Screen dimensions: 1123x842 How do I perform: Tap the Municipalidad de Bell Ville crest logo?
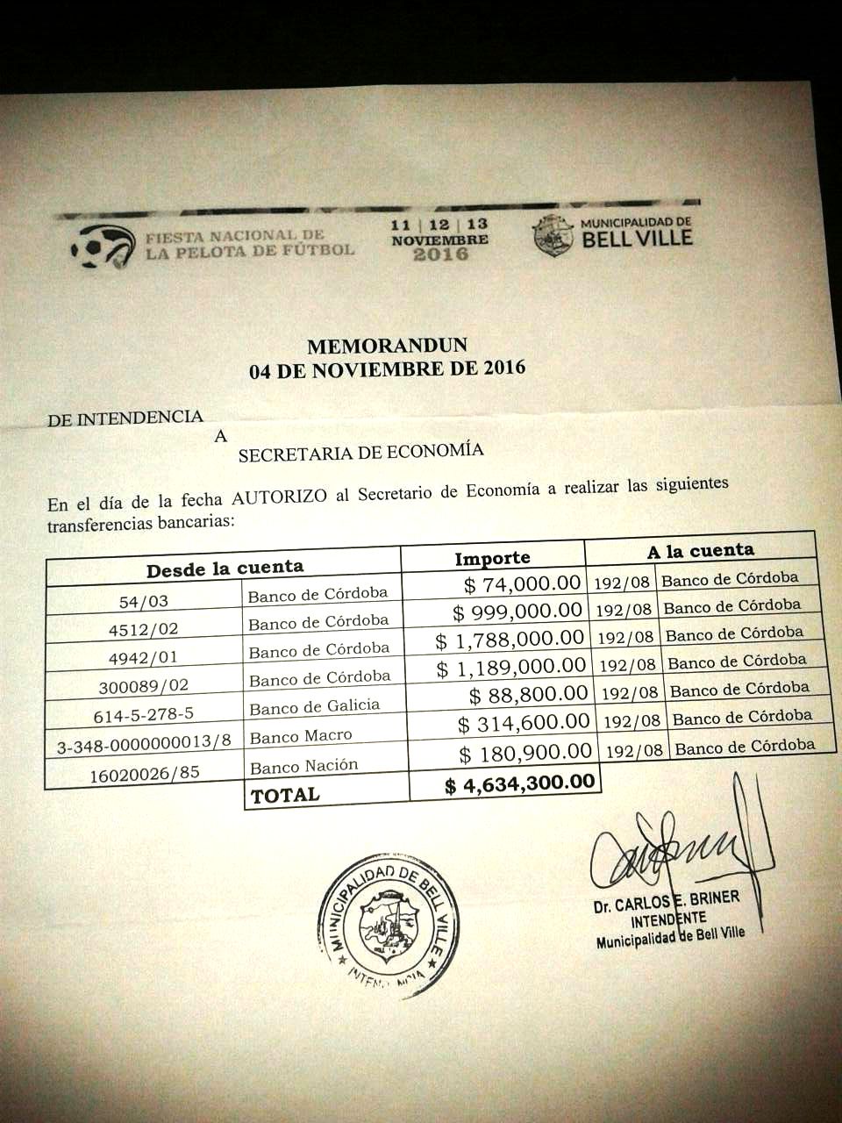pos(553,235)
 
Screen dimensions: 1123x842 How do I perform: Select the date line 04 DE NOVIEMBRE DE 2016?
pos(387,368)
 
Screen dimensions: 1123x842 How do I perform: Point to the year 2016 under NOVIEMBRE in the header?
pos(440,254)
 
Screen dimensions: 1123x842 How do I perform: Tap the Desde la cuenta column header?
pos(225,568)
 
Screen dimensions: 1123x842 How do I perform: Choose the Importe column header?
pos(492,558)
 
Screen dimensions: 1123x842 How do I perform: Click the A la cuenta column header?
pos(701,550)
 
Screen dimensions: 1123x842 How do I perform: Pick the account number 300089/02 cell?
pos(146,685)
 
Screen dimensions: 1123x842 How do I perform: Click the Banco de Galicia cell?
pos(315,706)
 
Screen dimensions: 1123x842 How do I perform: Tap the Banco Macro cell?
pos(301,736)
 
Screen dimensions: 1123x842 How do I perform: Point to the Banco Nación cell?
pos(304,766)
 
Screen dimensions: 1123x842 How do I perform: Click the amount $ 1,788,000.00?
pos(510,639)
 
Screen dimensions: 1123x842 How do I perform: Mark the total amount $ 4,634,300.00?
pos(519,783)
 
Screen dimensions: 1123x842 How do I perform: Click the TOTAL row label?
pos(286,796)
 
